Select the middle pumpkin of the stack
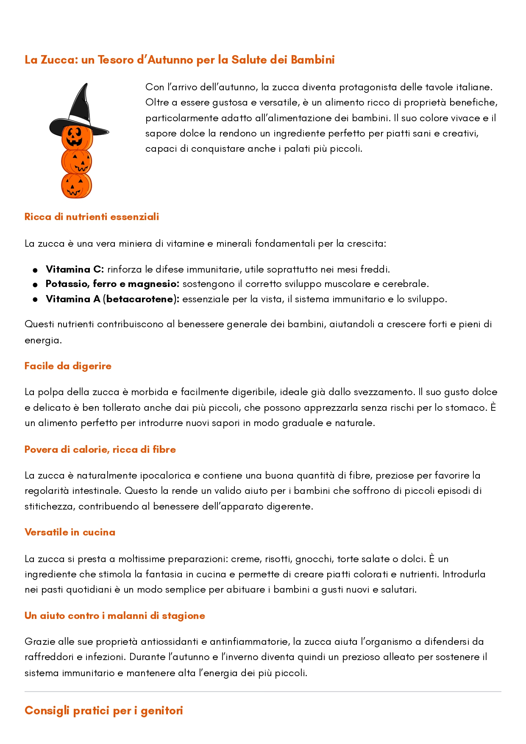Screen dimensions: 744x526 (77, 162)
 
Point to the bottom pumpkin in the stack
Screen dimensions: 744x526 (76, 186)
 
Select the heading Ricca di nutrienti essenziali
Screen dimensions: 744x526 (92, 217)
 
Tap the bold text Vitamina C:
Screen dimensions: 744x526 (75, 269)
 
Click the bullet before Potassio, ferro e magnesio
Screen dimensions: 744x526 (35, 284)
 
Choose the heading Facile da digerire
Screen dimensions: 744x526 (68, 366)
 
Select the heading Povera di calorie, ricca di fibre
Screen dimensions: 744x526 (100, 449)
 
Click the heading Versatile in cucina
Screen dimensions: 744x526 (70, 532)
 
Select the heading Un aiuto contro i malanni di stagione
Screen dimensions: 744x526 (115, 616)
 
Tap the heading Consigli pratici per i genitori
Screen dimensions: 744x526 (104, 711)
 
